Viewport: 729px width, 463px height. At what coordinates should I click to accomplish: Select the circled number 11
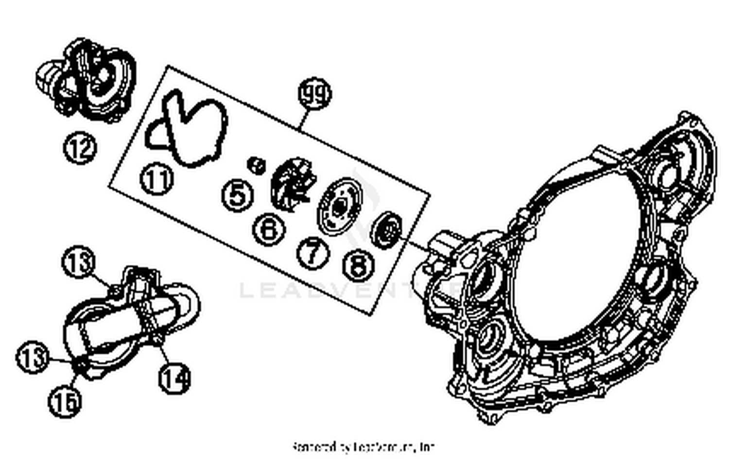point(156,179)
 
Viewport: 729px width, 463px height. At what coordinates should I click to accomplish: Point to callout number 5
point(237,195)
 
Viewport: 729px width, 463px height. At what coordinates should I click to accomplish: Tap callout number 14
point(175,378)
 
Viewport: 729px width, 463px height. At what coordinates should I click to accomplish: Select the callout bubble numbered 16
point(65,401)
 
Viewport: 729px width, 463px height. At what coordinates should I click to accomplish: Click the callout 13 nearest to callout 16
point(33,357)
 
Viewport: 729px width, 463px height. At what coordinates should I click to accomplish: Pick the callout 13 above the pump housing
point(78,262)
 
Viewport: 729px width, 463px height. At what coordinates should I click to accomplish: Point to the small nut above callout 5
point(256,165)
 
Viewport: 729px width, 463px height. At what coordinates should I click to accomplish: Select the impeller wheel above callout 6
point(293,185)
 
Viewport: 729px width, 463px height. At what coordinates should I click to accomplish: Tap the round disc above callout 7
point(339,207)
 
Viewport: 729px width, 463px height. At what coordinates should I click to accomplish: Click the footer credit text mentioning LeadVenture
point(364,446)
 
